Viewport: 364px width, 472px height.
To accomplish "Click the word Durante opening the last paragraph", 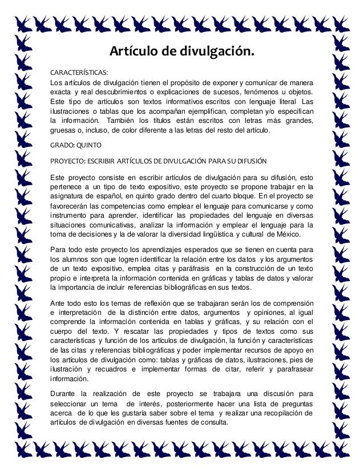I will (x=64, y=394).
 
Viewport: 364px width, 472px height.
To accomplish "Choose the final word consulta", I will (x=212, y=422).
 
